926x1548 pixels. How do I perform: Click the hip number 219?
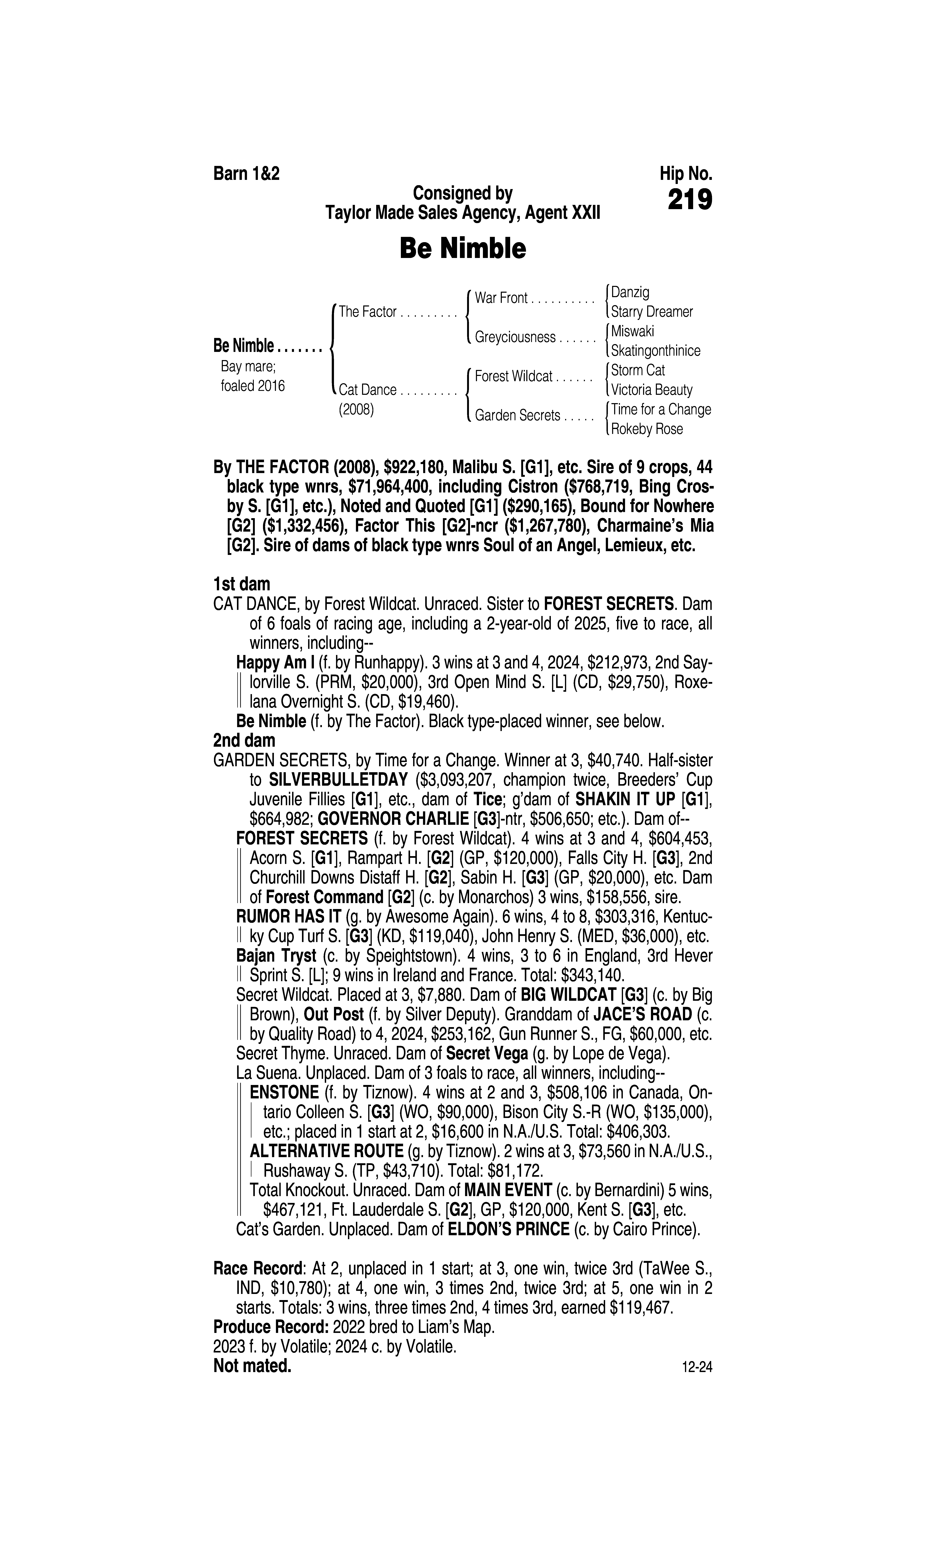pos(690,200)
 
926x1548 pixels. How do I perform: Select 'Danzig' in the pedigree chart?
pos(630,292)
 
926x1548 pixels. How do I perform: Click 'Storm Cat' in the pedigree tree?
pos(638,370)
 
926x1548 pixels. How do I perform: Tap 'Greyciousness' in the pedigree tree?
pos(515,337)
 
